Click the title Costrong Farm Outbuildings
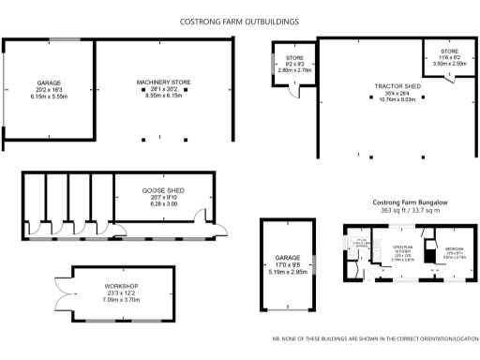pyautogui.click(x=239, y=20)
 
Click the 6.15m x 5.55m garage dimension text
pyautogui.click(x=49, y=97)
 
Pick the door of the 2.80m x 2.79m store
pyautogui.click(x=292, y=91)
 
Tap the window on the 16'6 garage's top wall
pyautogui.click(x=65, y=39)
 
